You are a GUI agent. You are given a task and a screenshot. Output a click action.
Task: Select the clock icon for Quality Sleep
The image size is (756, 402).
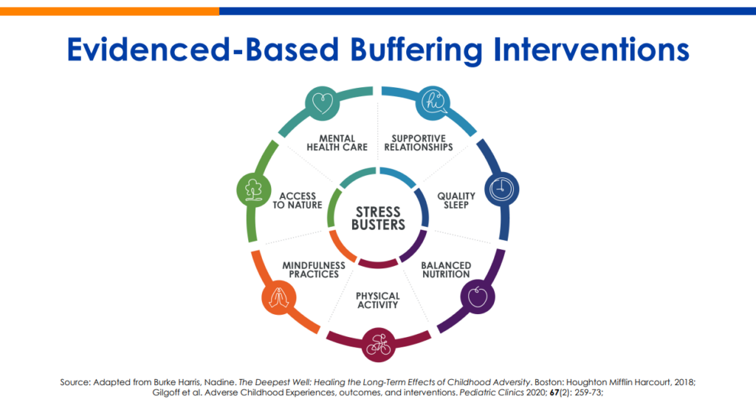point(501,188)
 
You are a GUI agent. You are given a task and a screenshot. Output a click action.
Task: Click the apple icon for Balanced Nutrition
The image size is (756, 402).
point(478,296)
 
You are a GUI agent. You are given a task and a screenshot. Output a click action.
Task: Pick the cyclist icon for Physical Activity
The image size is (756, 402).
point(379,344)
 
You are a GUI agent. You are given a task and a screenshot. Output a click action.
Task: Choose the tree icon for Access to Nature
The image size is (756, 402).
point(254,188)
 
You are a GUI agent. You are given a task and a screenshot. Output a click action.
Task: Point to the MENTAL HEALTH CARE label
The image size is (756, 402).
point(337,143)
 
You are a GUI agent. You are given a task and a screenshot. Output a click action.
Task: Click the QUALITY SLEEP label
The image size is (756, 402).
point(456,200)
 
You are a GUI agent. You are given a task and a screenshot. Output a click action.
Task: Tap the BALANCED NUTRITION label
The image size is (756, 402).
point(446,270)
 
